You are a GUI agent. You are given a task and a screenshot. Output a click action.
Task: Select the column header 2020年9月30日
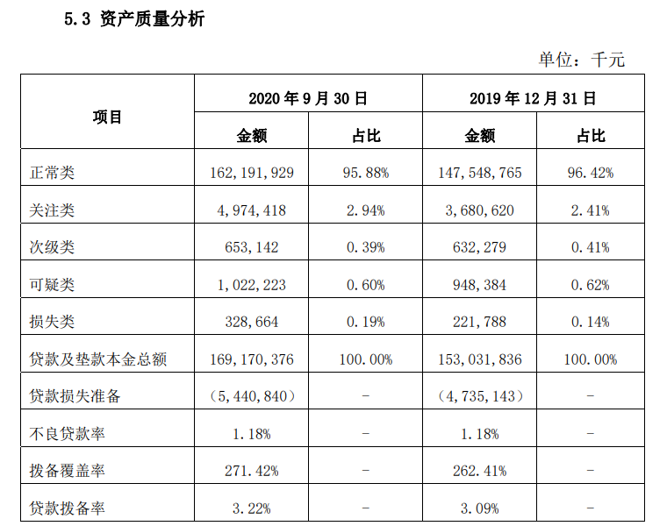click(307, 98)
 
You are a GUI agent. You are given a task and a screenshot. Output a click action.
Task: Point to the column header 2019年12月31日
click(533, 98)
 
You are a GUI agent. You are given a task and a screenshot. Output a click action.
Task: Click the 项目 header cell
click(107, 117)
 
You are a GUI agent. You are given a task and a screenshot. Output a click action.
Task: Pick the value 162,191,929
click(252, 173)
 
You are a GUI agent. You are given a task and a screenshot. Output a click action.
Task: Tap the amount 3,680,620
click(479, 210)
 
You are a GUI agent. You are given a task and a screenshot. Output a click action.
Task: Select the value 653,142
click(252, 247)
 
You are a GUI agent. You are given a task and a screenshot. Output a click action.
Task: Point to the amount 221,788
click(479, 322)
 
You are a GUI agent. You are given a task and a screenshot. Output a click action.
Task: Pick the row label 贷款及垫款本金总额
click(98, 359)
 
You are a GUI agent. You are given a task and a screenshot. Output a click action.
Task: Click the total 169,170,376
click(252, 359)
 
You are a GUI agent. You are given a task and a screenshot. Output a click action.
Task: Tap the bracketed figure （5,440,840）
click(252, 396)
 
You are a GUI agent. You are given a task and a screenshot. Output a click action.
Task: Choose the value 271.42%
click(252, 471)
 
